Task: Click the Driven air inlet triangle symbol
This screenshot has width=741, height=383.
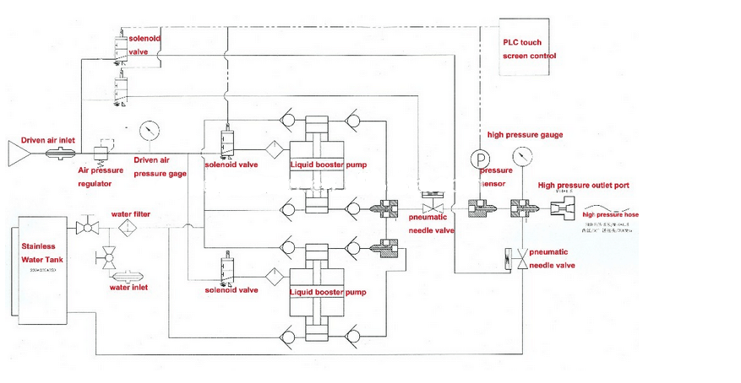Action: coord(18,153)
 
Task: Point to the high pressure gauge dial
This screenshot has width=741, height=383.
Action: coord(522,156)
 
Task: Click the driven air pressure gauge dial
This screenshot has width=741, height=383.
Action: coord(150,130)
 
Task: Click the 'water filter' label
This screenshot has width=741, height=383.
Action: coord(131,214)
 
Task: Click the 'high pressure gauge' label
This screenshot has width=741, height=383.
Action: coord(525,135)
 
